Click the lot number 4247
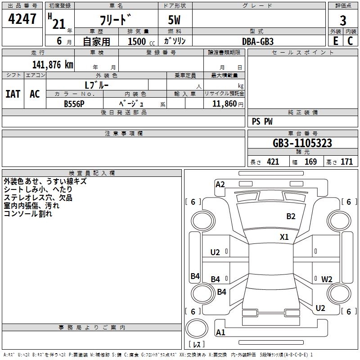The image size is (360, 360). coord(22,19)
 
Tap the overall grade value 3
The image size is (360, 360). coord(343,21)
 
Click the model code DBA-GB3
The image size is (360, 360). coord(258,41)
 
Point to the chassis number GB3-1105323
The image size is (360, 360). coord(302,143)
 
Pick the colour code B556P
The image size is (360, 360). coord(74,103)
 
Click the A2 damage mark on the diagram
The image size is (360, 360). coord(220,184)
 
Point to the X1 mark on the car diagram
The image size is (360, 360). coord(284,237)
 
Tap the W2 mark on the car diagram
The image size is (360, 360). coord(327,279)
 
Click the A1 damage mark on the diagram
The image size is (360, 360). coord(220,333)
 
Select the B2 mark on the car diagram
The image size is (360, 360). coord(291,216)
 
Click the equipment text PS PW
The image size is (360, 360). coord(262,121)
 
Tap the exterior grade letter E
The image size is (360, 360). coord(335,40)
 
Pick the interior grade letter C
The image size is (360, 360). coord(350,40)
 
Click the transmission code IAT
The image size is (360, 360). coord(13,94)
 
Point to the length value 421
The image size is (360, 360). coord(273,162)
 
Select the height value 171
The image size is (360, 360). coord(346,162)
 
